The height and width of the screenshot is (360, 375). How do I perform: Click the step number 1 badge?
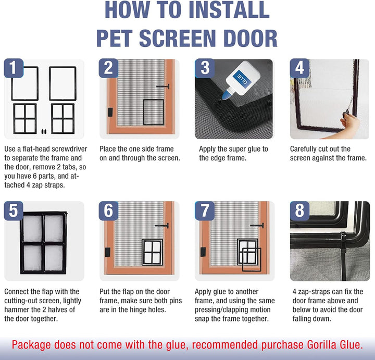tap(14, 68)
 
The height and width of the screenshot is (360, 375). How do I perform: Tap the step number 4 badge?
tap(299, 68)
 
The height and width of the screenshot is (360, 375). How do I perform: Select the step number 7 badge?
tap(205, 210)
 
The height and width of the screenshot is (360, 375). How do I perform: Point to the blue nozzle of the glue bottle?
tap(226, 96)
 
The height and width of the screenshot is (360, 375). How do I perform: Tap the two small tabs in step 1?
tap(44, 131)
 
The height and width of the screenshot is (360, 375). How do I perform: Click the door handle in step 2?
tap(163, 86)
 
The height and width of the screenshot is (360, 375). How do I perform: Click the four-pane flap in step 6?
tap(152, 252)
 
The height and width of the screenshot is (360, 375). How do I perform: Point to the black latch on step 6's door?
tap(108, 252)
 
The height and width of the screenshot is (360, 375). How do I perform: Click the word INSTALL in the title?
tap(229, 10)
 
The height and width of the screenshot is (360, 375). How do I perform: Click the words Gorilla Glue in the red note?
tap(335, 345)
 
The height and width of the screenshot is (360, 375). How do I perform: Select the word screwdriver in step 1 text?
tap(69, 149)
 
